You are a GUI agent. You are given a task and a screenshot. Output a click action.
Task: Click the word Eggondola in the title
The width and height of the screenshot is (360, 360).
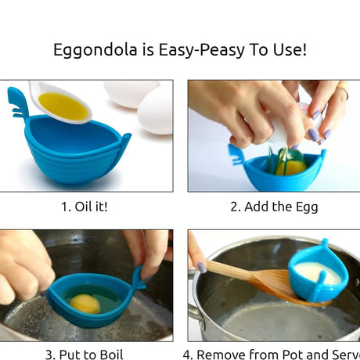point(88,51)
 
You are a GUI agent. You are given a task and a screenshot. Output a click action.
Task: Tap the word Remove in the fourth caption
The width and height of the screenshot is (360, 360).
point(222,354)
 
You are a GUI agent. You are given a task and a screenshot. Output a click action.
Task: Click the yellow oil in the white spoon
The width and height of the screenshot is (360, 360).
point(63,106)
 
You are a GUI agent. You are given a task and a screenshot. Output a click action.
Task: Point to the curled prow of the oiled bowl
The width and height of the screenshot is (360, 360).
point(16,102)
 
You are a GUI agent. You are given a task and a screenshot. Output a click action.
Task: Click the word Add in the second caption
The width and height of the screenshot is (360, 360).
point(261,207)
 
